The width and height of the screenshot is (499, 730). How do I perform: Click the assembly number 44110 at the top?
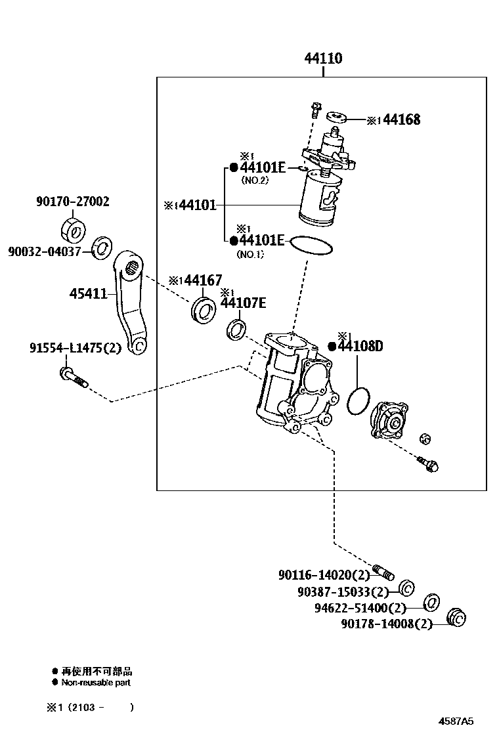tap(322, 59)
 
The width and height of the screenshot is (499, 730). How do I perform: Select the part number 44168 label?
tap(401, 119)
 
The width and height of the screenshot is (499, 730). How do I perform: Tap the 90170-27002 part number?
tap(72, 202)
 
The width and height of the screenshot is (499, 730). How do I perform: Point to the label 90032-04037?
tap(45, 251)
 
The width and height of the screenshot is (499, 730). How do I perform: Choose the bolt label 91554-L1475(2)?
tap(75, 348)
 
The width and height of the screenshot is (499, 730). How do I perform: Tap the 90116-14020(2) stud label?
tap(324, 575)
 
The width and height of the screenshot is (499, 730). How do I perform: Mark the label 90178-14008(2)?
tap(387, 624)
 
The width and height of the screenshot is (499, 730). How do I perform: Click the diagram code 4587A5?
tap(456, 720)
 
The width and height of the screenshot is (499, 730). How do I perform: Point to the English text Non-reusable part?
tap(96, 683)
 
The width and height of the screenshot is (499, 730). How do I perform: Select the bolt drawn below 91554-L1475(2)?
tap(72, 377)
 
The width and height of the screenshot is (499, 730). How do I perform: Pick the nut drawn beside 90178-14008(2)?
tap(455, 618)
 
